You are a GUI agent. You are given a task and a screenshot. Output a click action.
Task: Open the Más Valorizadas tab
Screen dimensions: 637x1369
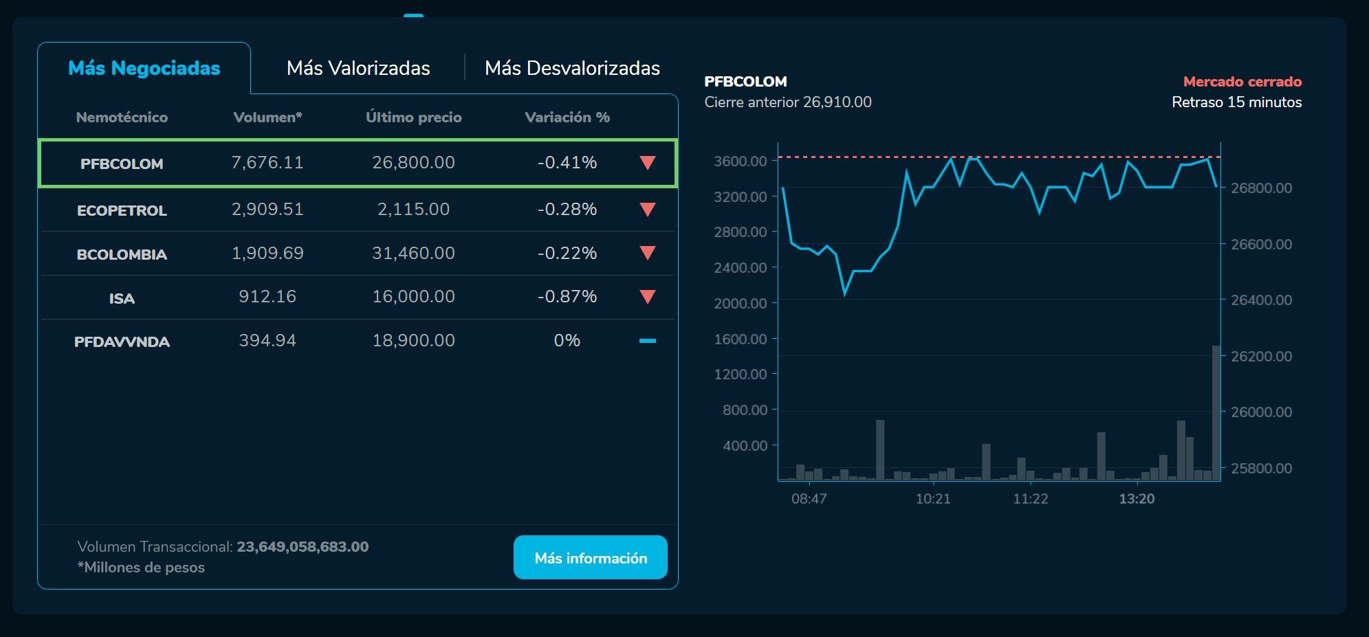pos(358,68)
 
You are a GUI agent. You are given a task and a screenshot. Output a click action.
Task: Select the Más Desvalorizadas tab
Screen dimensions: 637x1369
pos(572,68)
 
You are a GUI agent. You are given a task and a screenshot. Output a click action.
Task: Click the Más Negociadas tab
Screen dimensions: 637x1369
pos(144,68)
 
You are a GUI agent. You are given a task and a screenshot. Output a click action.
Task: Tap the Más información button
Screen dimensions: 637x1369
pos(591,557)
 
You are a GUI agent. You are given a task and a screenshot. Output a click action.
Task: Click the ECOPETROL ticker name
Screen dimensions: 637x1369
pos(122,210)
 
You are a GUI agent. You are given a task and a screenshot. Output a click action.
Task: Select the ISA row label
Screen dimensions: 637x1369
pos(122,298)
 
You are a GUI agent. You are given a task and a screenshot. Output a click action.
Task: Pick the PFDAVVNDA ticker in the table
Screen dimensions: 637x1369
pos(122,342)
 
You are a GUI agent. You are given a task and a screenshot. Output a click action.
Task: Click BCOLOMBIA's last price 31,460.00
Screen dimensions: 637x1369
pos(413,253)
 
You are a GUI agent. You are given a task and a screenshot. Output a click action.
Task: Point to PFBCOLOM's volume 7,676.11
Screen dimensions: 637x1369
pos(267,162)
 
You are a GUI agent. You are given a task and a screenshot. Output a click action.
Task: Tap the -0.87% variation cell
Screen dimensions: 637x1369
pos(567,296)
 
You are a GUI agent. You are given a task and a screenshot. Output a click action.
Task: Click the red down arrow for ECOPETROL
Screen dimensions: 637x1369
pos(647,210)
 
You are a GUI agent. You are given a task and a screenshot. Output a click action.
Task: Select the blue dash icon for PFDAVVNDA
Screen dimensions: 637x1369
pos(647,340)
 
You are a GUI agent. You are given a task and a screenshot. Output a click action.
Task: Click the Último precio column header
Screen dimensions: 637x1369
pos(413,117)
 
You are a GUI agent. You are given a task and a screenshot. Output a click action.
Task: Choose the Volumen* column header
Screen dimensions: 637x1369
pos(267,117)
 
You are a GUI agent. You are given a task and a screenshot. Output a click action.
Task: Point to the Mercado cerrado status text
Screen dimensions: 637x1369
pos(1242,81)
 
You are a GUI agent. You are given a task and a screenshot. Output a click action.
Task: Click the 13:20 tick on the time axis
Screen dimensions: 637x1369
pos(1137,499)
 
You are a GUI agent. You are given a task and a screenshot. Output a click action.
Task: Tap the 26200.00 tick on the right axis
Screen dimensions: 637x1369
pos(1261,356)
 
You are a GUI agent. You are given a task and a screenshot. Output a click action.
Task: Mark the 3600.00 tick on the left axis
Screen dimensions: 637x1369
pos(740,161)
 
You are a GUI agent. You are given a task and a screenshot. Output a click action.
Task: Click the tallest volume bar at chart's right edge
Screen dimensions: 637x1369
pos(1216,412)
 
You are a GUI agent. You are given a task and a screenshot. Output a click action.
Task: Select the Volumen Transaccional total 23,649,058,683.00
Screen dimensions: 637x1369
pos(303,546)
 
